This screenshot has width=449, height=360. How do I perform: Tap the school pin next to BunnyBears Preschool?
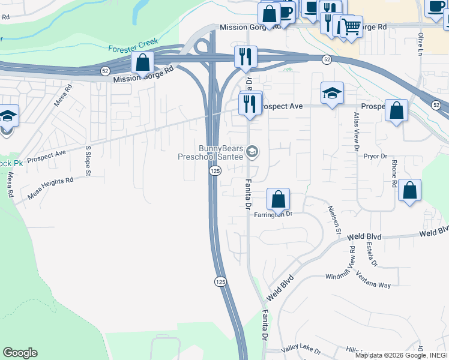(252, 152)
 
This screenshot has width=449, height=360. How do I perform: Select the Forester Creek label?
(133, 45)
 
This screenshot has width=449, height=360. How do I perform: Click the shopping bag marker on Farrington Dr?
(278, 199)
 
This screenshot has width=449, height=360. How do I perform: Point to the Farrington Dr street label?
(273, 214)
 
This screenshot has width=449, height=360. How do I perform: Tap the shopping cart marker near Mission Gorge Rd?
(351, 26)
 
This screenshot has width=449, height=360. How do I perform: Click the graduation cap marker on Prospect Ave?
(332, 93)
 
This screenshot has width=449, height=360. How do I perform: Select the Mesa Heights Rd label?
(50, 188)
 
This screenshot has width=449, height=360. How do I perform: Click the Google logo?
(20, 353)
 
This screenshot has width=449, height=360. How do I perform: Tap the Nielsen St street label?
(334, 220)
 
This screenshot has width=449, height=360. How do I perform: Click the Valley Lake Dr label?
(301, 349)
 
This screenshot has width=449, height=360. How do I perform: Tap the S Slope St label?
(88, 161)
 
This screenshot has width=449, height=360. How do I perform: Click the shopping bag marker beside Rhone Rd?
(409, 190)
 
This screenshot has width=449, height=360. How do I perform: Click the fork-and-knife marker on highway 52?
(245, 56)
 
